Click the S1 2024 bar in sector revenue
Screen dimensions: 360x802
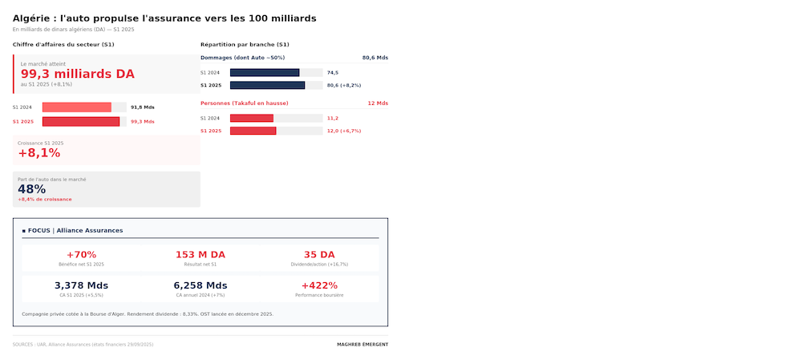point(77,107)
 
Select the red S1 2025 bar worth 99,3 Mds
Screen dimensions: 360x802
point(81,122)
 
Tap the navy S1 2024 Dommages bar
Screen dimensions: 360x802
point(265,73)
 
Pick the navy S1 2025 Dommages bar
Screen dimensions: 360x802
point(267,85)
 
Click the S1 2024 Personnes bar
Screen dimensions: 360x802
point(252,118)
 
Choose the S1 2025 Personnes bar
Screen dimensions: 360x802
point(253,131)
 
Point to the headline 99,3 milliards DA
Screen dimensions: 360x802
point(77,74)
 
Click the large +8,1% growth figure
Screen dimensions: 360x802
point(39,153)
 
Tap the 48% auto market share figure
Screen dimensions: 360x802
point(32,189)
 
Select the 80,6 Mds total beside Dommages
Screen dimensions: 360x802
point(375,58)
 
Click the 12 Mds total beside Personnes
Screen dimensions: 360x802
point(377,103)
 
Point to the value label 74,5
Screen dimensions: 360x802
point(333,73)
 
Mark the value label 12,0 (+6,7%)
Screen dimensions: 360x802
point(344,131)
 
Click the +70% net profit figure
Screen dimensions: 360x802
point(81,255)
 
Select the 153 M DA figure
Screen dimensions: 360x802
point(200,255)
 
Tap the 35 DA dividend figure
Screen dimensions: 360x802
point(319,255)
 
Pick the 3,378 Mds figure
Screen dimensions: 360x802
point(81,285)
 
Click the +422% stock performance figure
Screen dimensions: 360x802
point(319,285)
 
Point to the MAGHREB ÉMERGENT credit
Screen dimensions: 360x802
point(363,345)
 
